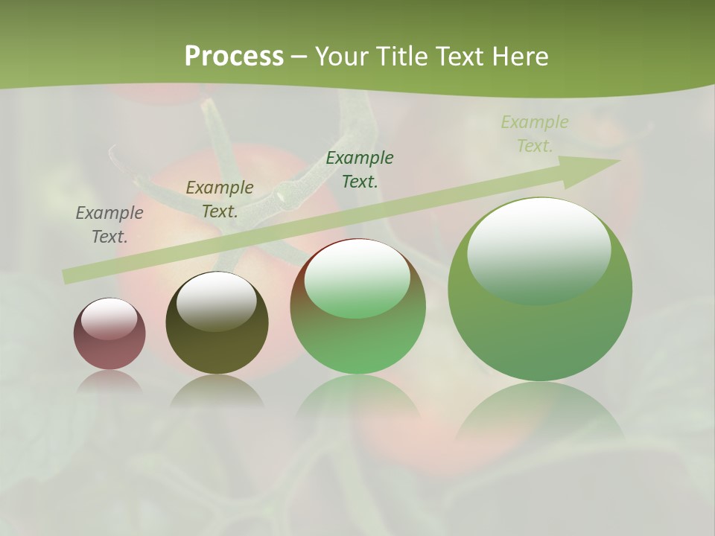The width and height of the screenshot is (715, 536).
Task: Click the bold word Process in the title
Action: click(x=234, y=57)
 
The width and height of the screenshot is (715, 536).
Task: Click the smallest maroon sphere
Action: click(x=109, y=334)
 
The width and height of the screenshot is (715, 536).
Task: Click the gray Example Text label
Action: click(x=109, y=225)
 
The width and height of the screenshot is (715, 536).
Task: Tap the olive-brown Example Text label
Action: click(x=220, y=200)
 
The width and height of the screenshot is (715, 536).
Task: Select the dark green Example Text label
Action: click(x=360, y=169)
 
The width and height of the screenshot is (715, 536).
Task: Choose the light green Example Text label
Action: click(x=535, y=134)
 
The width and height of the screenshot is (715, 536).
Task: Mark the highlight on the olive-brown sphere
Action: click(x=216, y=300)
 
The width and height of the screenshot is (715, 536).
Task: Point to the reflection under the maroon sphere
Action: click(x=109, y=382)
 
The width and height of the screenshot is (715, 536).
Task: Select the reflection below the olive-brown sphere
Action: click(x=217, y=391)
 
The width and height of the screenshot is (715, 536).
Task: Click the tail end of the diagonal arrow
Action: click(x=69, y=277)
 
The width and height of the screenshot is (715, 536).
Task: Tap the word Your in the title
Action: click(x=342, y=57)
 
